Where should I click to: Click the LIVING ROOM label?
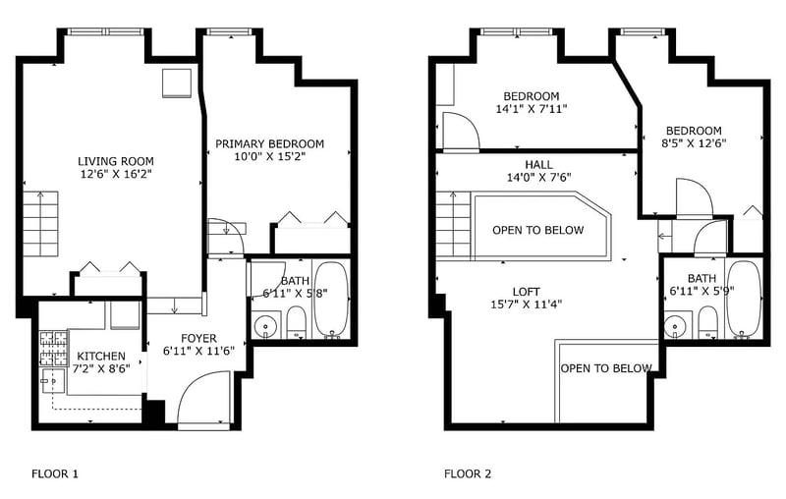point(115,161)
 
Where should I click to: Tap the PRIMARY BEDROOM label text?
point(269,144)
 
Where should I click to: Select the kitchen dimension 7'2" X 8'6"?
point(101,369)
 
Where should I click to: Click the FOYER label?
point(198,338)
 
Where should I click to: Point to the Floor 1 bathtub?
point(330,299)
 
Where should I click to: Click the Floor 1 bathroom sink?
point(264,326)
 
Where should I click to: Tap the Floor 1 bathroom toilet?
point(297,322)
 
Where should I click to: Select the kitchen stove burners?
point(54,349)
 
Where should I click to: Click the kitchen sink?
point(54,382)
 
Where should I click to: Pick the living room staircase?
point(40,223)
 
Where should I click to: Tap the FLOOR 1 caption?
point(55,473)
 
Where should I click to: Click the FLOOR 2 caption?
point(468,473)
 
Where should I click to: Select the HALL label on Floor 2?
point(538,164)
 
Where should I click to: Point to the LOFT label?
point(527,292)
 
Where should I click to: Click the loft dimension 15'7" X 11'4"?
point(527,305)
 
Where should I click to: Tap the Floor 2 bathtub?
point(744,299)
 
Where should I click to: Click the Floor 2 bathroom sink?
point(675,327)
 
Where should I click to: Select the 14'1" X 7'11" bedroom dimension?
point(532,109)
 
